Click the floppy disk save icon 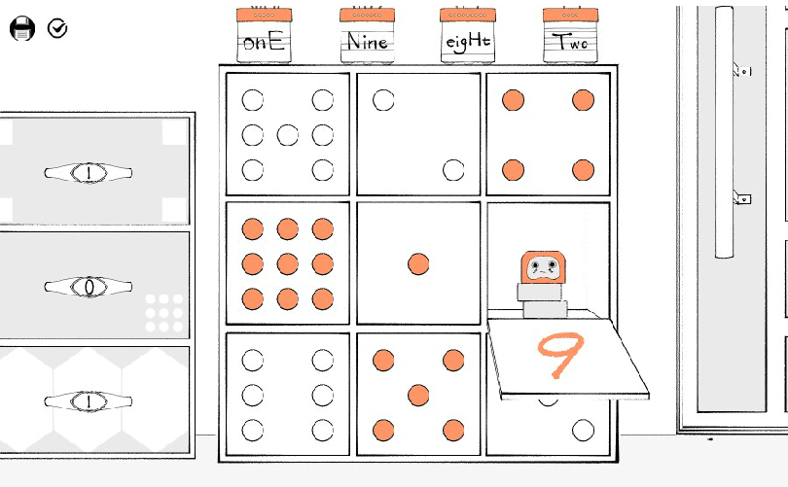22,28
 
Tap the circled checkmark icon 57,28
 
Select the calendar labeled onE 264,35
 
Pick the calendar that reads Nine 367,35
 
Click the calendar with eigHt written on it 467,35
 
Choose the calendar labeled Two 570,35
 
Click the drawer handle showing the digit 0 89,287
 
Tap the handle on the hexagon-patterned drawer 89,401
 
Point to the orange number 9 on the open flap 560,354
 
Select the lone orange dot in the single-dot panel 418,264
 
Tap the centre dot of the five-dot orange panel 418,395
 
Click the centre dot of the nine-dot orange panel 287,264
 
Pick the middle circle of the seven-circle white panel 287,135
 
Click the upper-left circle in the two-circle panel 383,100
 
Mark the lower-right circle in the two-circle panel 453,170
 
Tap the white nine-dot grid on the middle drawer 163,313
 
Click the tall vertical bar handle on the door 724,132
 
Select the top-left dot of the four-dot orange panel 513,100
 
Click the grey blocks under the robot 543,300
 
